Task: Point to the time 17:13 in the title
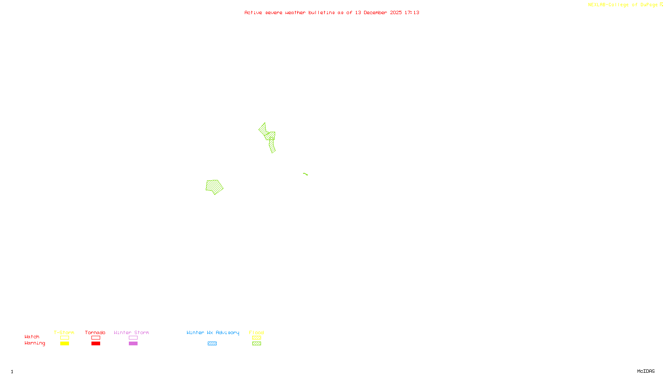[412, 12]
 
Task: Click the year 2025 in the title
[396, 12]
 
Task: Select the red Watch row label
[32, 337]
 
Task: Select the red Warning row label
[34, 343]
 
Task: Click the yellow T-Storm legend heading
[64, 332]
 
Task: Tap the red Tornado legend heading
[95, 332]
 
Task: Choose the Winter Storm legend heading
[131, 332]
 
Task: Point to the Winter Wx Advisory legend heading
[213, 332]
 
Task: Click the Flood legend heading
[256, 332]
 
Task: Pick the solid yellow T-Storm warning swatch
[64, 344]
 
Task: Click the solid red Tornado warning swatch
[96, 344]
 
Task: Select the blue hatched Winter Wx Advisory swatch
[212, 344]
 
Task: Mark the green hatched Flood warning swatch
[256, 344]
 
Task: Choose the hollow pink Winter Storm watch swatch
[133, 338]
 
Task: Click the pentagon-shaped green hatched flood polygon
[214, 187]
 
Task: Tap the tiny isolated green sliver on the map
[305, 174]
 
